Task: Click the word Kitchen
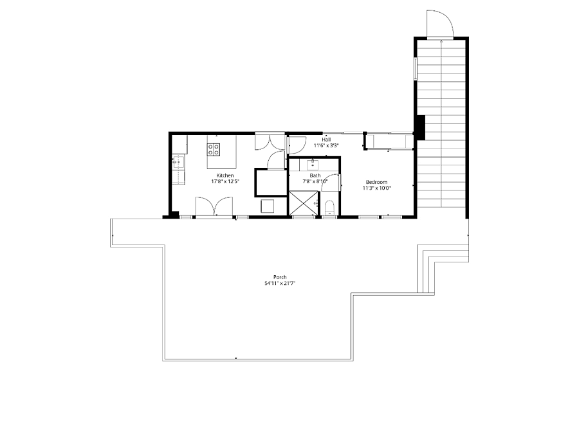[225, 176]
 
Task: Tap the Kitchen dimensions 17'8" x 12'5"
[225, 181]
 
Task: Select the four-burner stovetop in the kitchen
[214, 149]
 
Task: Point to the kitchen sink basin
[179, 161]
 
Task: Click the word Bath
[315, 176]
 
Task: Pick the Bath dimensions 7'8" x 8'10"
[315, 181]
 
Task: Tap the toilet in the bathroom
[329, 208]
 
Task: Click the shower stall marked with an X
[303, 203]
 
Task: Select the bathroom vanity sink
[313, 164]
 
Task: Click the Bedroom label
[376, 182]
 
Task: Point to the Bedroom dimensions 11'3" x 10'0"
[376, 188]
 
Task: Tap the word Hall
[326, 140]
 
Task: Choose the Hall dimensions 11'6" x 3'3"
[326, 145]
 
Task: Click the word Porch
[280, 277]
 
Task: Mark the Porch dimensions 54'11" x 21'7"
[280, 283]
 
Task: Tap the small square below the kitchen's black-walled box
[268, 206]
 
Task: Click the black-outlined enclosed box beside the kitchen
[271, 183]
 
